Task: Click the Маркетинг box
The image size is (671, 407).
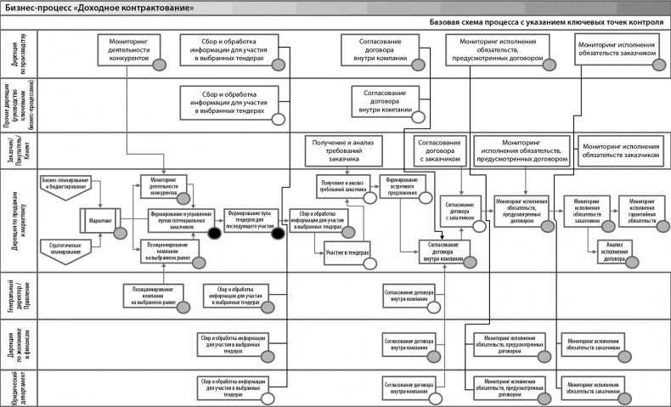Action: [x=101, y=220]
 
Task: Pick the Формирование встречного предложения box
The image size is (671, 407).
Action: [x=403, y=187]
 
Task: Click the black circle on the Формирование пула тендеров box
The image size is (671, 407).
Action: [x=276, y=234]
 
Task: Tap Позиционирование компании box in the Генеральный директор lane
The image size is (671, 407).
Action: [x=153, y=295]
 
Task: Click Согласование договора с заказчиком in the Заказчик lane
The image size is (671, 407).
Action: [x=439, y=150]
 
